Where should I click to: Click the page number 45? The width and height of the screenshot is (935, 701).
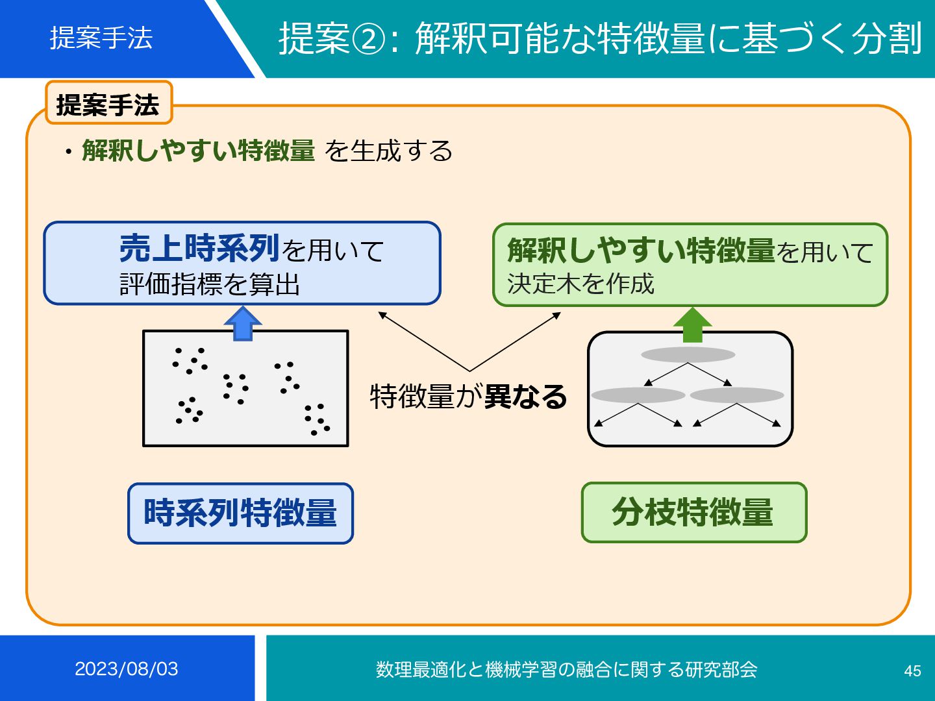(x=912, y=670)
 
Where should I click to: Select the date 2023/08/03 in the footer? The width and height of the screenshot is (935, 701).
(x=127, y=669)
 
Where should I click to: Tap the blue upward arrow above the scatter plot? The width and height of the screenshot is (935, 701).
(x=242, y=323)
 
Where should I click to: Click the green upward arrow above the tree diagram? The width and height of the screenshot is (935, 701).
(x=692, y=325)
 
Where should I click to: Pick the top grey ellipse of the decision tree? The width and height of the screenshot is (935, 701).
(x=688, y=354)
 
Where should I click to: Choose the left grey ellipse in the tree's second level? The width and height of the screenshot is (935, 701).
(x=638, y=395)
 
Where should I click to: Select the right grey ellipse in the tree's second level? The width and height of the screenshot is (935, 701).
(x=737, y=395)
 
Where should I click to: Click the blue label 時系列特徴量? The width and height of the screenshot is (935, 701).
(x=240, y=513)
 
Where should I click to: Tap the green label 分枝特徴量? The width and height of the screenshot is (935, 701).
(x=693, y=512)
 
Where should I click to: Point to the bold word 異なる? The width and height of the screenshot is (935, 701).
(x=525, y=396)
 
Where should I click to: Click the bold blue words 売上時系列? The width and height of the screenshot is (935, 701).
(x=199, y=248)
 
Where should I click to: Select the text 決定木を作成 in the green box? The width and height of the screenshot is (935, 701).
(x=580, y=284)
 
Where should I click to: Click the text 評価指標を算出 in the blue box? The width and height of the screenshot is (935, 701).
(x=210, y=284)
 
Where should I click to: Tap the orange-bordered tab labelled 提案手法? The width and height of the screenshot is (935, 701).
(x=108, y=104)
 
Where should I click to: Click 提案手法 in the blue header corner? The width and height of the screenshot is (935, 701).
(x=101, y=38)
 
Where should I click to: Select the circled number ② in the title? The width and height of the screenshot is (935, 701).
(x=368, y=39)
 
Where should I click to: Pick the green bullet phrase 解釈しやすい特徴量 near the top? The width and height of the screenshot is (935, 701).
(x=199, y=151)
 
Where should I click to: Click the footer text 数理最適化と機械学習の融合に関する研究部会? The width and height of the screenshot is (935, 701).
(x=566, y=669)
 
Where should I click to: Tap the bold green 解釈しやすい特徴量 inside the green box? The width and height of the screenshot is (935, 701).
(x=641, y=251)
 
